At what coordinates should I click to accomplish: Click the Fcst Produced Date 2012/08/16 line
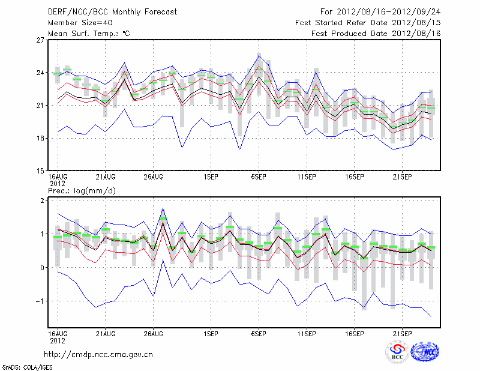(x=376, y=33)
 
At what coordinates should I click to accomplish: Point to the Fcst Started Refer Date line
(x=368, y=22)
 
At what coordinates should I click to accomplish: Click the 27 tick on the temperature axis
(x=40, y=40)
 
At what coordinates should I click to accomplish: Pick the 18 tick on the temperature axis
(x=40, y=138)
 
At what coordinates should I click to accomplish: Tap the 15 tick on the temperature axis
(x=40, y=170)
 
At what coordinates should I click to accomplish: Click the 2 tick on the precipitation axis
(x=43, y=200)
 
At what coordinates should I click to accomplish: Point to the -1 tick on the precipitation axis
(x=41, y=301)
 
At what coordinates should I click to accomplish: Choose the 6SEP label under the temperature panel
(x=259, y=177)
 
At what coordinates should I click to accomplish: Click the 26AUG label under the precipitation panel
(x=154, y=332)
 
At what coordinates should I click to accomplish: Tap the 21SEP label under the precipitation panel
(x=402, y=332)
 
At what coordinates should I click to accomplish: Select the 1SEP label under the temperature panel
(x=211, y=177)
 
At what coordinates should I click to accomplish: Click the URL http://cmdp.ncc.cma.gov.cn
(x=98, y=354)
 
